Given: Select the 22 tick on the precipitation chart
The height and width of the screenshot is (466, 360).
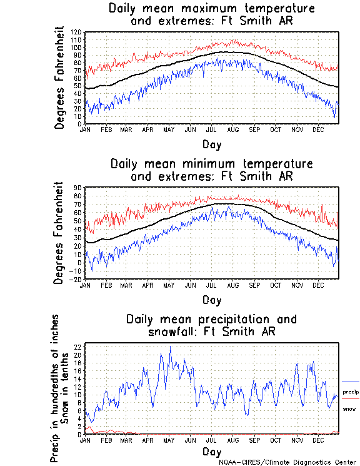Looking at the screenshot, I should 78,347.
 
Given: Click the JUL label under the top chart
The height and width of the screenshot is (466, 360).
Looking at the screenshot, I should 212,129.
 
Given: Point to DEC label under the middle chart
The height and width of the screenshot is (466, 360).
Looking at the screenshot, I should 317,285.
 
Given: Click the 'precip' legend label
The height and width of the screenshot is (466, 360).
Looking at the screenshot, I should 351,392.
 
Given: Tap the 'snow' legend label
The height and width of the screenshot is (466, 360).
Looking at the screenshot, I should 349,408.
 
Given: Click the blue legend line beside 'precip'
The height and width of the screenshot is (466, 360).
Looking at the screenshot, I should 351,382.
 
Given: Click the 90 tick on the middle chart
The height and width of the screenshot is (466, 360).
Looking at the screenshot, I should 78,187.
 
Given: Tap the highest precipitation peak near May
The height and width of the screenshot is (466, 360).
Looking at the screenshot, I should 169,347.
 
